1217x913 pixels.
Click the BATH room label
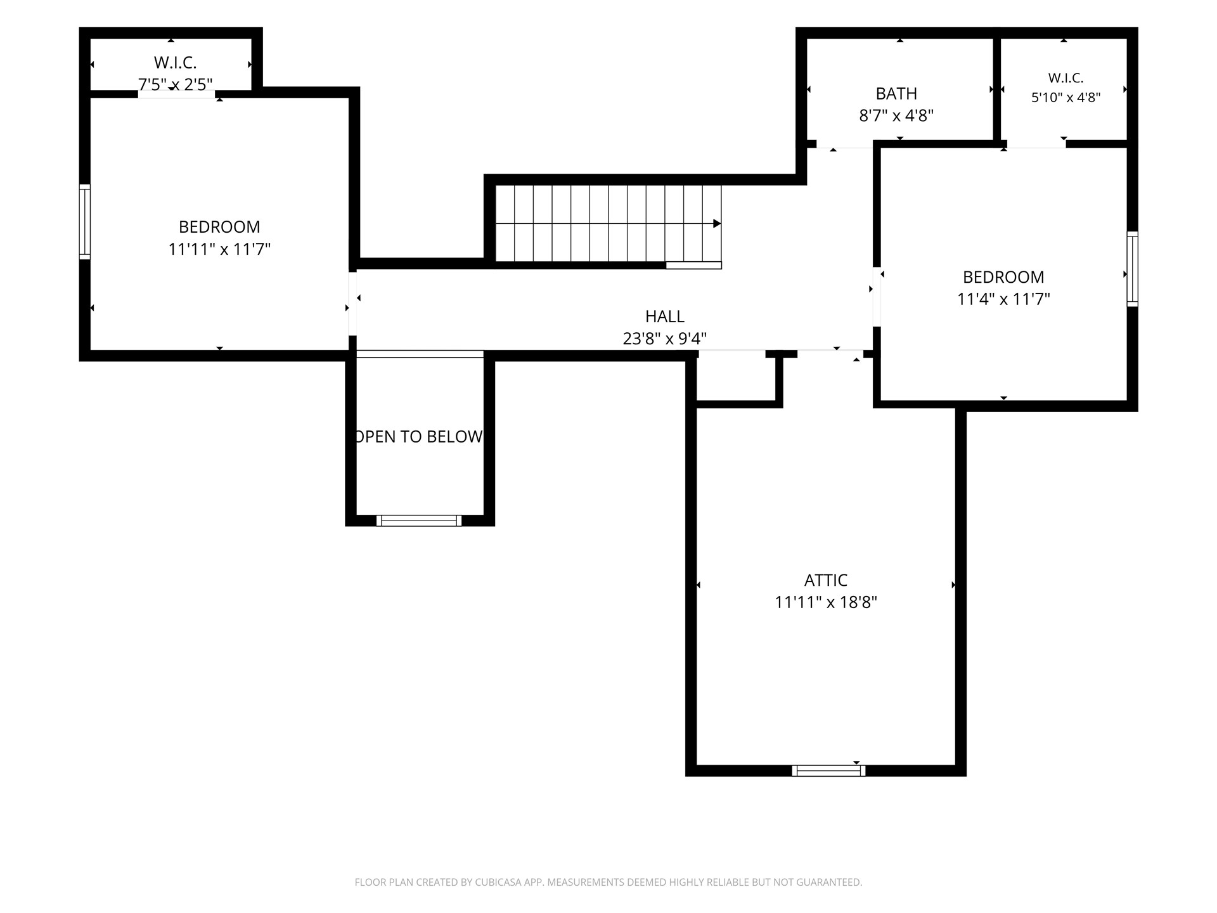(x=896, y=94)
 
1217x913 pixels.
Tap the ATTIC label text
(x=826, y=580)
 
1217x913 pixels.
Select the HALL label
(x=665, y=316)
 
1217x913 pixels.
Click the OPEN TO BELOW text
(x=420, y=436)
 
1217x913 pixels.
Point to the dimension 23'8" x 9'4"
(x=665, y=339)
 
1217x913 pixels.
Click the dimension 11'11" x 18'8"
(x=826, y=602)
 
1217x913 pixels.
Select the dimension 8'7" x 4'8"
(x=896, y=116)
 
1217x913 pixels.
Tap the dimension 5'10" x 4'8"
(x=1066, y=98)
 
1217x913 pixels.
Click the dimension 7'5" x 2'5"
(x=176, y=84)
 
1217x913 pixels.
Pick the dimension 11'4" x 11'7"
(x=1003, y=299)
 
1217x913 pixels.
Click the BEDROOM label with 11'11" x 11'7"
(x=219, y=227)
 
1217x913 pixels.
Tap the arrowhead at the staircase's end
(x=718, y=224)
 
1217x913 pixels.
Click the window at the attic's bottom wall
(x=828, y=770)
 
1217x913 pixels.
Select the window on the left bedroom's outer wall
(x=84, y=222)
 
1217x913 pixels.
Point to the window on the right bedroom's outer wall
(x=1132, y=269)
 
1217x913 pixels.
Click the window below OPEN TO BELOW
(x=419, y=521)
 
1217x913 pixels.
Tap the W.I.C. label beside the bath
(x=1066, y=78)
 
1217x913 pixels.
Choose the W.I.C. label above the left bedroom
(x=176, y=63)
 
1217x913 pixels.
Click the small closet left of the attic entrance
(x=736, y=379)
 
